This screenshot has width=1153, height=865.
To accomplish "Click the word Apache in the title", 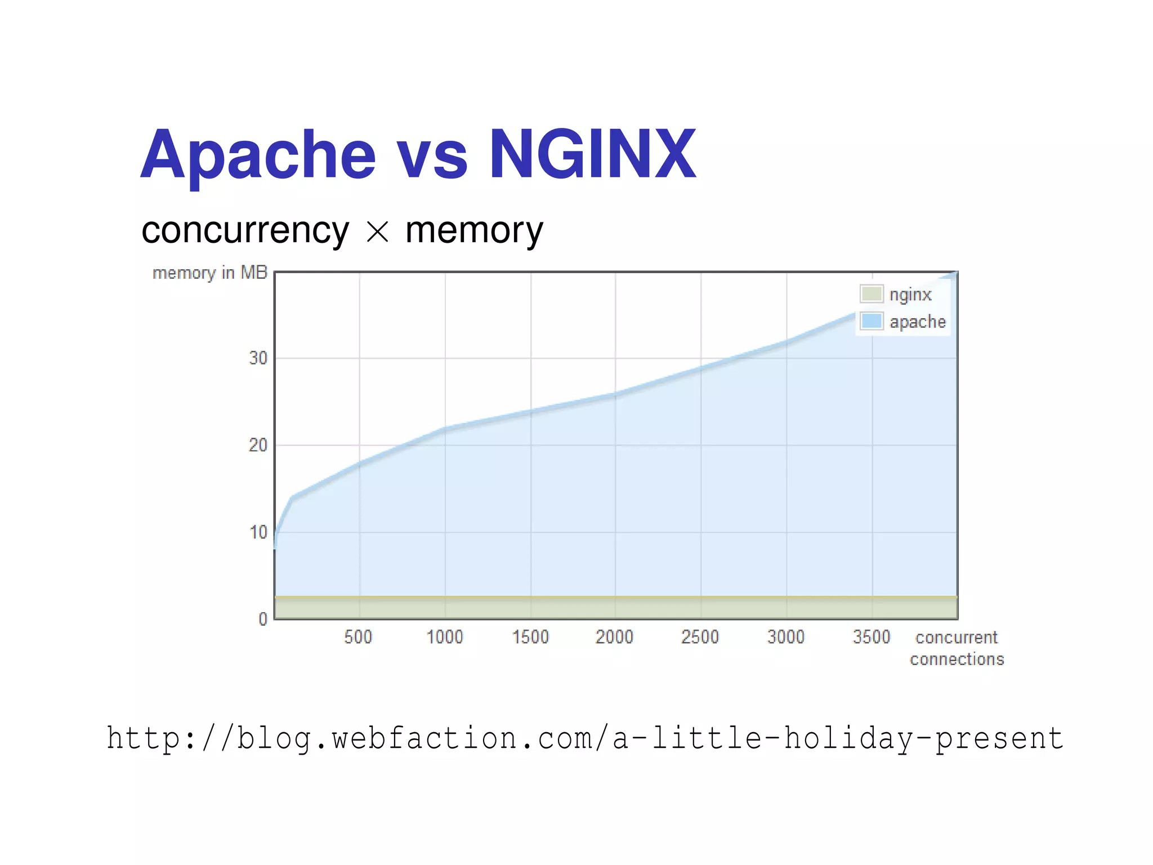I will (258, 154).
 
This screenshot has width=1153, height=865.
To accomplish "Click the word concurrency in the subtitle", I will (245, 231).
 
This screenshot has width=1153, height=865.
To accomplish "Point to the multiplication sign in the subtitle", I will (377, 231).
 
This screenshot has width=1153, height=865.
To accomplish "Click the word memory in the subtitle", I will (474, 231).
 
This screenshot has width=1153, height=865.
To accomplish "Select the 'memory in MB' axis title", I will (209, 273).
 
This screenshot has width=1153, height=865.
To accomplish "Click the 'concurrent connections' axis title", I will (957, 648).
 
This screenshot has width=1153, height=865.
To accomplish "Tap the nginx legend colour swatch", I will (871, 294).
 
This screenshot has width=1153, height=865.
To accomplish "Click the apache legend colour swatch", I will (871, 321).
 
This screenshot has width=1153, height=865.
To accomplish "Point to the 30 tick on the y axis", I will (258, 358).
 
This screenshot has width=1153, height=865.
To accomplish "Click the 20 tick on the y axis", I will (258, 445).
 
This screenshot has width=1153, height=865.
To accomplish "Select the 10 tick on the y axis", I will (258, 532).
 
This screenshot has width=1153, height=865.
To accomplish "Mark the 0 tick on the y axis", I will (262, 619).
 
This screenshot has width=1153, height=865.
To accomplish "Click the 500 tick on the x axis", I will (358, 637).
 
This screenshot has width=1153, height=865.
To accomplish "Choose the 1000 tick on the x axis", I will (444, 637).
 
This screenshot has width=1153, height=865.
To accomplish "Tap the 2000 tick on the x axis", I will (614, 637).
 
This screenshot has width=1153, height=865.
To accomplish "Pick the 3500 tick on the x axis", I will (871, 637).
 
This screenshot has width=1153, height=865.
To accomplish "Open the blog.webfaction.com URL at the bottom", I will (584, 738).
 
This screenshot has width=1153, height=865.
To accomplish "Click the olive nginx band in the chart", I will (616, 608).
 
